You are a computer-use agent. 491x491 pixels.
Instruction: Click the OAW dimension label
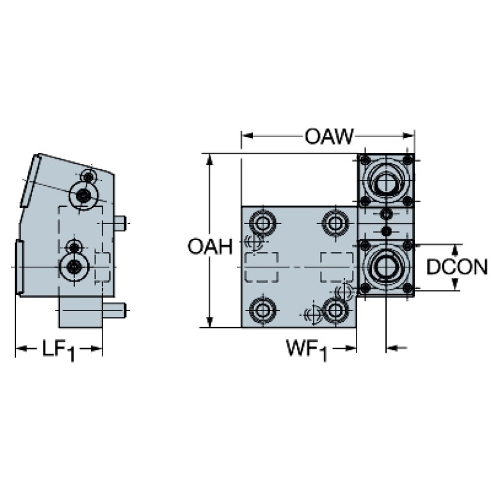click(x=329, y=136)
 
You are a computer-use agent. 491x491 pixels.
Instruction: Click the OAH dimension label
click(x=210, y=246)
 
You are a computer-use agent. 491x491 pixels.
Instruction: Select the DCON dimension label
click(x=457, y=267)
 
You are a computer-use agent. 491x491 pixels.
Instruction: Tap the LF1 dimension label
click(x=59, y=350)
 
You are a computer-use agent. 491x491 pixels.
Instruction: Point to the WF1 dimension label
click(x=307, y=350)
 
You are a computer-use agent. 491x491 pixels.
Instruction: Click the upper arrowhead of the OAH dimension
click(x=209, y=159)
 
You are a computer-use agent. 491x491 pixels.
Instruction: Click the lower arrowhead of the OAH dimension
click(x=209, y=321)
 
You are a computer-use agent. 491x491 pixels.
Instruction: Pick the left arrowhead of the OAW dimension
click(x=247, y=136)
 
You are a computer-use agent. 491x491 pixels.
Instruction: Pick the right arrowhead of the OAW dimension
click(x=408, y=136)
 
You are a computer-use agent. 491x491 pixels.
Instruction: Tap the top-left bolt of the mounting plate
click(x=262, y=223)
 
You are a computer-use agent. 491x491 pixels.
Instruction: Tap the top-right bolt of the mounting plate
click(x=335, y=223)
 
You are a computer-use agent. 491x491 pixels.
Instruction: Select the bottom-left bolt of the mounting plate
click(x=262, y=310)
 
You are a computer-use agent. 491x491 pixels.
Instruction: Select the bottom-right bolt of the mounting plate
click(x=335, y=310)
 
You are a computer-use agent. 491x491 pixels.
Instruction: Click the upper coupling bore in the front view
click(x=386, y=181)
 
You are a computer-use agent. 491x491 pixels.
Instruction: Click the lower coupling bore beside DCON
click(x=386, y=267)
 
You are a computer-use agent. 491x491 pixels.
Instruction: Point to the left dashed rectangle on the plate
click(x=262, y=267)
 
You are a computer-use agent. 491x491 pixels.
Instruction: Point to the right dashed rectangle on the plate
click(x=337, y=267)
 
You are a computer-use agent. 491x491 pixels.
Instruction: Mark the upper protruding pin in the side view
click(x=120, y=223)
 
